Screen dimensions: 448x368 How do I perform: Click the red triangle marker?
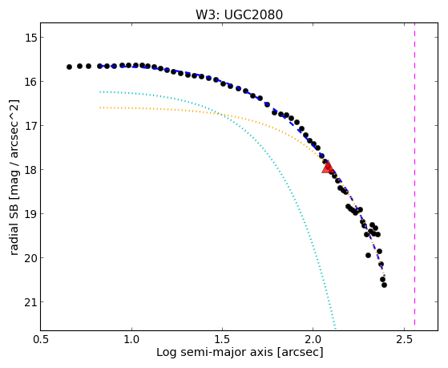328,168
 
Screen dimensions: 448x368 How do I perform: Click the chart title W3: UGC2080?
239,14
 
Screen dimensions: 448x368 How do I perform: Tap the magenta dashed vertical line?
414,174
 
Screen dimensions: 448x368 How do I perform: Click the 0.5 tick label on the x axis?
41,339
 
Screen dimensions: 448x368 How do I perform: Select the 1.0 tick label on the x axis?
131,339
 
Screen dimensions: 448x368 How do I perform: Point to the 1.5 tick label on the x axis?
222,339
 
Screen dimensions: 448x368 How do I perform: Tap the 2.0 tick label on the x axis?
313,339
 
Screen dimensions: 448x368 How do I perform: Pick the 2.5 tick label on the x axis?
404,339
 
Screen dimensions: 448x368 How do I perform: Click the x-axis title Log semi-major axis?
214,353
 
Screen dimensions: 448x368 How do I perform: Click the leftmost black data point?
69,67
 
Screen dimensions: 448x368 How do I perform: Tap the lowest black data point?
384,285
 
